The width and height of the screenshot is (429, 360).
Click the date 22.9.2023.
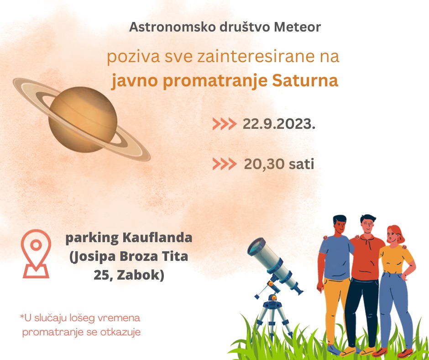pyautogui.click(x=279, y=124)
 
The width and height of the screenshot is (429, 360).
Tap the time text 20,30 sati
pyautogui.click(x=279, y=164)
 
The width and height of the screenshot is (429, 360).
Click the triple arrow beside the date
pyautogui.click(x=225, y=124)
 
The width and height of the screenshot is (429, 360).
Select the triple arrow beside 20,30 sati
pyautogui.click(x=225, y=164)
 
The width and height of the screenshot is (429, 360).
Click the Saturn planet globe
pyautogui.click(x=83, y=120)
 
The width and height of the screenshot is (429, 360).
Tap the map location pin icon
pyautogui.click(x=36, y=254)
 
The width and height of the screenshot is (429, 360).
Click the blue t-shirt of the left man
pyautogui.click(x=336, y=257)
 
